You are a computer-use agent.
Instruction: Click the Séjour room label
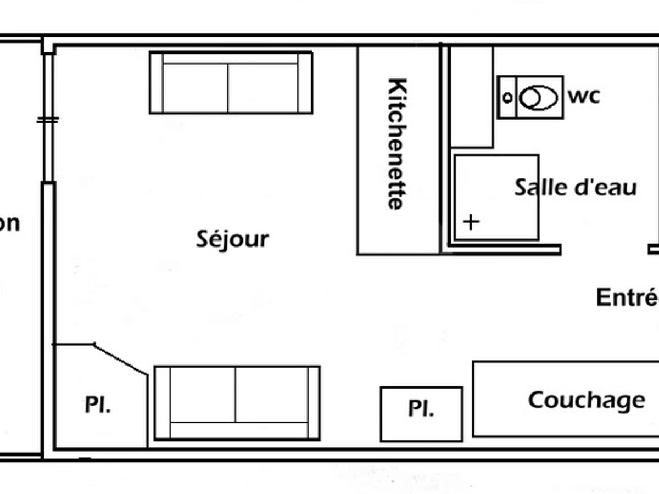[x=232, y=239]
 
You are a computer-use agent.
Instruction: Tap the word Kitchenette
[x=397, y=144]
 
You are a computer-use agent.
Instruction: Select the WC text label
[x=584, y=97]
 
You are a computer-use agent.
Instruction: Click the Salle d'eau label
[x=575, y=188]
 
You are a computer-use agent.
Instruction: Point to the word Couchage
[x=586, y=400]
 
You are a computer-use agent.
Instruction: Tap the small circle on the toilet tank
[x=508, y=98]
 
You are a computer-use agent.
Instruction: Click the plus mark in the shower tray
[x=471, y=222]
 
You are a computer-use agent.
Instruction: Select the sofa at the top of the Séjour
[x=231, y=83]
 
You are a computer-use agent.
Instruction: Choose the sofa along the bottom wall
[x=237, y=403]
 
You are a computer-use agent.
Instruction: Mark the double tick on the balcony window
[x=48, y=120]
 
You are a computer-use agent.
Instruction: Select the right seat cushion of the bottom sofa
[x=271, y=394]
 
